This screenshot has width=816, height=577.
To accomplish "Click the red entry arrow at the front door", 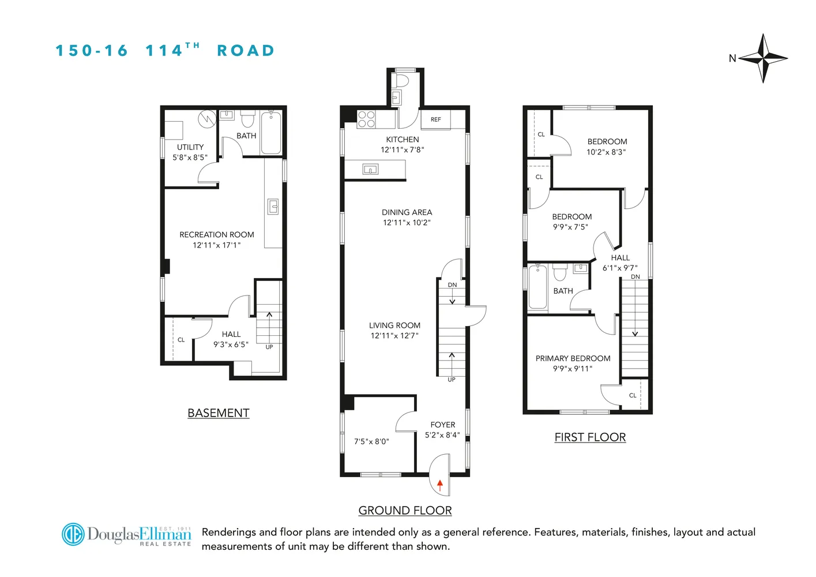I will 440,485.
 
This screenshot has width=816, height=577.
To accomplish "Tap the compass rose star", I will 762,58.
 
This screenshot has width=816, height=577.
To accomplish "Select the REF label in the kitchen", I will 435,119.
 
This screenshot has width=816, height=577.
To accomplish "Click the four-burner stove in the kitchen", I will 366,119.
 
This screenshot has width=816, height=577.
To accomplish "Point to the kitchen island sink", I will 370,169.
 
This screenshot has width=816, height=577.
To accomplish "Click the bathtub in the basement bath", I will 271,133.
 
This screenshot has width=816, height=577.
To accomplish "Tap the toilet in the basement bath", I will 248,119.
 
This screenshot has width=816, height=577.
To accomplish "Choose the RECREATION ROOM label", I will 217,235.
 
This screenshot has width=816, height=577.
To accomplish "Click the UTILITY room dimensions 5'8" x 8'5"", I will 190,158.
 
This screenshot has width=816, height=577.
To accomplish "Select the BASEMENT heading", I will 219,413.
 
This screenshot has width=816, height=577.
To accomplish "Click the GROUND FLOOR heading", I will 405,511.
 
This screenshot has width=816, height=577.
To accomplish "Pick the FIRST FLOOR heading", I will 590,437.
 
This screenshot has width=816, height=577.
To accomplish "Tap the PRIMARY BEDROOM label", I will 573,358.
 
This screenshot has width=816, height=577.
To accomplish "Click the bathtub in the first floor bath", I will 538,287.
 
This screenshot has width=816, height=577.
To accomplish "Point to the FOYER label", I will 443,425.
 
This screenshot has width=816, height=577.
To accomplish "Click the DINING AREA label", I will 407,212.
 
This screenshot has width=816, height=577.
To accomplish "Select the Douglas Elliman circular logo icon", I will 73,534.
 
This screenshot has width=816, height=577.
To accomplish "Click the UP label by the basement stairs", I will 269,347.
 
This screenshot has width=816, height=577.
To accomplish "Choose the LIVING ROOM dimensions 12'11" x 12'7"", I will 394,336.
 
